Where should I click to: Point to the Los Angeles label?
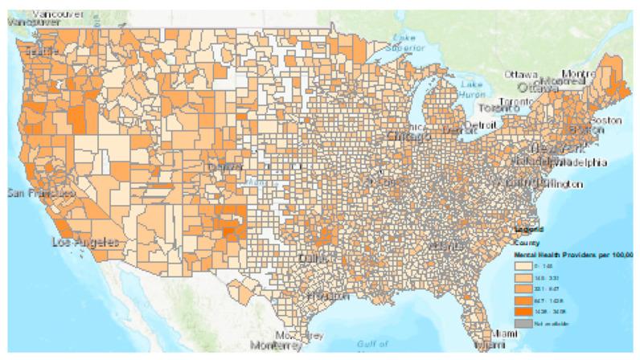click(x=85, y=241)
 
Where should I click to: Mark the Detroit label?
click(x=481, y=126)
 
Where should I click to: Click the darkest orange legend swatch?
click(x=523, y=309)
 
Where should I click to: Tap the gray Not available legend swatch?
click(x=523, y=321)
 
